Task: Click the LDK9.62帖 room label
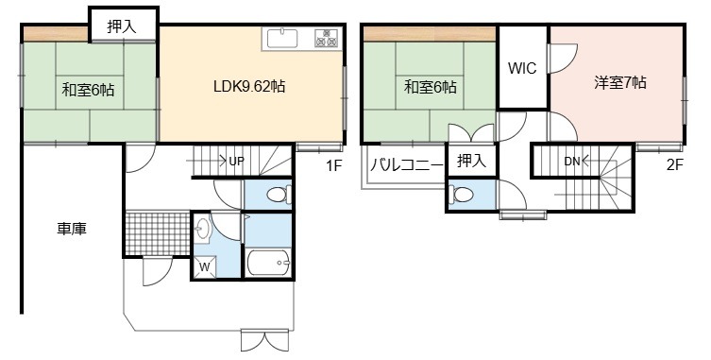point(249,86)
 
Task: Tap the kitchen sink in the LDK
point(282,38)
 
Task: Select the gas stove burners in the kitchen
point(326,38)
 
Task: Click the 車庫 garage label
point(72,230)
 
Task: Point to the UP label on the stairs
point(237,161)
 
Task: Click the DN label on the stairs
point(572,161)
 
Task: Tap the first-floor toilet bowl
point(278,196)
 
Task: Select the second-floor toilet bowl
point(460,195)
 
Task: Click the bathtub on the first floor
point(268,262)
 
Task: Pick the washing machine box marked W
point(204,266)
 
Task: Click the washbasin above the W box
point(202,229)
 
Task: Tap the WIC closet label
point(522,68)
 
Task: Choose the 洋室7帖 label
point(620,82)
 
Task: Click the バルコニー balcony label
point(407,164)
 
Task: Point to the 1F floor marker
point(333,166)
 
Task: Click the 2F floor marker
point(674,164)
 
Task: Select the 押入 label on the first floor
point(122,26)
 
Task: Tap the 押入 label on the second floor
point(471,161)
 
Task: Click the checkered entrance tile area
point(158,233)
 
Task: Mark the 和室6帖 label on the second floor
point(431,86)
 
